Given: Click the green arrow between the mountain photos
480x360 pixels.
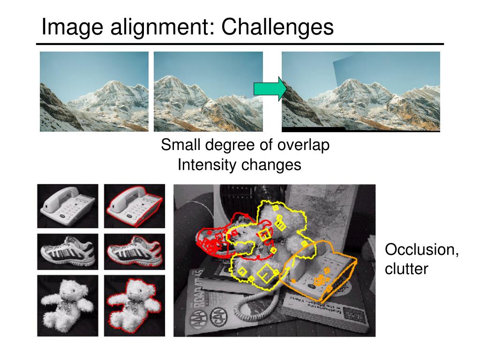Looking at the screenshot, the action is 270,89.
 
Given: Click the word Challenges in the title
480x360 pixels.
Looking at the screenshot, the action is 277,27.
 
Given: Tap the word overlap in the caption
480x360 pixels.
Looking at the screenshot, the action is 303,145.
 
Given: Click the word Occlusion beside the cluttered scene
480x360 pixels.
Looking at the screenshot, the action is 421,249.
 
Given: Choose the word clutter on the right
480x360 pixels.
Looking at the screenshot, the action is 406,269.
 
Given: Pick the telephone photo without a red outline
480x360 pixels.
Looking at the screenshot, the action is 67,206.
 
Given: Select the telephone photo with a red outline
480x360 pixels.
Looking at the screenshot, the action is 135,206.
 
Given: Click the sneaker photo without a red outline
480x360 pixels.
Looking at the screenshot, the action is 67,252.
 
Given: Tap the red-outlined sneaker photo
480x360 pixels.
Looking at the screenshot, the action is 135,252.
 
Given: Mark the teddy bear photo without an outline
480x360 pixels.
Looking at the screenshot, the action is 67,306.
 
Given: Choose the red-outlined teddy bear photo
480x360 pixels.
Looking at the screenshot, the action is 135,306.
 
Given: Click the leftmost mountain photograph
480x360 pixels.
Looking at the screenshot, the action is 94,91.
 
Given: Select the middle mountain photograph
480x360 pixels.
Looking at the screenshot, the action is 208,91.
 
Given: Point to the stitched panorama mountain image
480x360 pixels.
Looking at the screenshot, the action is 360,91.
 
